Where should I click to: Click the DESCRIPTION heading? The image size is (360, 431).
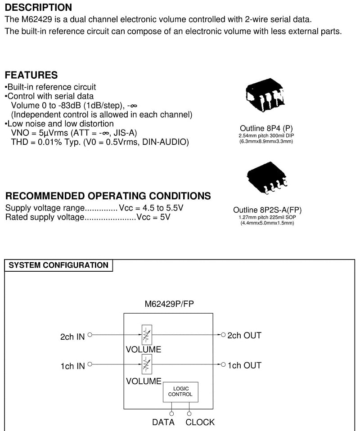click(39, 7)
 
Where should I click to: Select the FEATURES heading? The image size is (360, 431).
click(31, 75)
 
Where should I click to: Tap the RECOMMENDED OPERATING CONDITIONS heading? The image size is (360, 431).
click(108, 196)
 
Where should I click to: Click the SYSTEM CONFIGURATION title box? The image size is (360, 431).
click(58, 265)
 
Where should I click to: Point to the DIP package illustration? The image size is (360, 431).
click(265, 94)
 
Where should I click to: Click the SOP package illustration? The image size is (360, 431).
click(267, 178)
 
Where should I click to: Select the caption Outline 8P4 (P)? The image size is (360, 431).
click(266, 128)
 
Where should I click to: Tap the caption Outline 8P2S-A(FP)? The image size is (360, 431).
click(267, 210)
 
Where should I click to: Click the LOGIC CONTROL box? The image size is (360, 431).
click(180, 392)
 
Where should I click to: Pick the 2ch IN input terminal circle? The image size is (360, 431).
click(90, 335)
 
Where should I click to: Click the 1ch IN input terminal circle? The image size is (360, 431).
click(90, 364)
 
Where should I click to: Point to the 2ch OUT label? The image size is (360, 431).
click(244, 335)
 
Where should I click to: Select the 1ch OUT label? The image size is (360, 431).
click(244, 365)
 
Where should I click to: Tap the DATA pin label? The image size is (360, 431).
click(163, 422)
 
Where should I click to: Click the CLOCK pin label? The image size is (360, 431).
click(200, 422)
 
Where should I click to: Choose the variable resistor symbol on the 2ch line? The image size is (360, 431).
click(147, 335)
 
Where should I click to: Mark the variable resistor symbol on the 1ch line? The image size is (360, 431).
click(147, 364)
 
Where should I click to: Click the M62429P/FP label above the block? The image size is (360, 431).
click(169, 304)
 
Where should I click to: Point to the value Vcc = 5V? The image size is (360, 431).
click(153, 217)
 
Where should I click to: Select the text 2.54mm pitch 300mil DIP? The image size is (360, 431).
click(266, 135)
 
